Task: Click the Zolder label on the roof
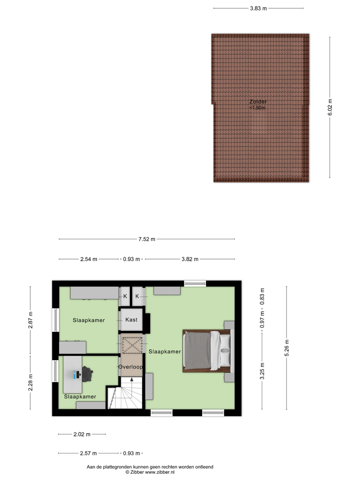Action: pos(258,102)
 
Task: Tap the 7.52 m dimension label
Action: pos(147,239)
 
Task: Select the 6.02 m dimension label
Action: pos(330,107)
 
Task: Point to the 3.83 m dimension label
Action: pos(258,8)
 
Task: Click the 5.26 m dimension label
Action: pos(287,348)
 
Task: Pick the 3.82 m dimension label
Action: pos(190,259)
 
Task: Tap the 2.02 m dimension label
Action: pos(82,434)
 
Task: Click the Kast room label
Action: pos(131,320)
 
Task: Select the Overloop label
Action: pos(130,367)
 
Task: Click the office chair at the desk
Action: pos(87,374)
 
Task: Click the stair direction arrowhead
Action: pos(132,380)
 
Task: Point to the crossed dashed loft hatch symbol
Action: pos(132,345)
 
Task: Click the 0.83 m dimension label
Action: pos(262,296)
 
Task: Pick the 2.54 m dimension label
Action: pos(89,259)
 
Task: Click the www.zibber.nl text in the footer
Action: pos(160,472)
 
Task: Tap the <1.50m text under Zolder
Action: pos(257,108)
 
